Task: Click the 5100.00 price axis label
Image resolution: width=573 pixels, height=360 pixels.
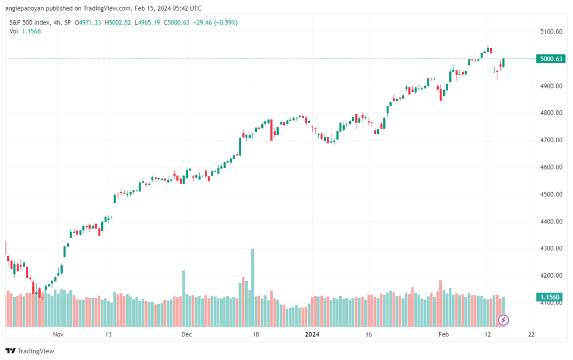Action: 551,32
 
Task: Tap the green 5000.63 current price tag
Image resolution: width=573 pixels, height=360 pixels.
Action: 551,59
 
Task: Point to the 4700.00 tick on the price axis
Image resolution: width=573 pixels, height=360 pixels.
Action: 551,140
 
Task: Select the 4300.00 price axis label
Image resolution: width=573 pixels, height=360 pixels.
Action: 551,248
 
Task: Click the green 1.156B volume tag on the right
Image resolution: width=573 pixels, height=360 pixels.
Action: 549,297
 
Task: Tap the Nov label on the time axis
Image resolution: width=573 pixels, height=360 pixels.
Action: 58,334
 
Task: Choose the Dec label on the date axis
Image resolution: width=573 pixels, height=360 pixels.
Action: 186,334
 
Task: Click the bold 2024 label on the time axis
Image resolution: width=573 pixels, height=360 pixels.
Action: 312,334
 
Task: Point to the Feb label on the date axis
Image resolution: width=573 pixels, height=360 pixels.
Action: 443,334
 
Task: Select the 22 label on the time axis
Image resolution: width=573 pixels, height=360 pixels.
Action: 532,334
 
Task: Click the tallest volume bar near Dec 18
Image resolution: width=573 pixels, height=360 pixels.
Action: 252,288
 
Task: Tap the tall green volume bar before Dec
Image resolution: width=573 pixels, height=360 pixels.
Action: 184,298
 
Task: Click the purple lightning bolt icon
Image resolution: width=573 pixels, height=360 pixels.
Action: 503,320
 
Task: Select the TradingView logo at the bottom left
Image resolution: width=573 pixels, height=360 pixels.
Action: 30,351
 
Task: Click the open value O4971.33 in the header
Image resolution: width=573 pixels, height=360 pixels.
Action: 88,22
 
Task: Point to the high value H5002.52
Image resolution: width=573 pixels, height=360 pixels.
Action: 118,22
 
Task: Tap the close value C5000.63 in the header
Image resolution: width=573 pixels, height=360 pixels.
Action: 176,22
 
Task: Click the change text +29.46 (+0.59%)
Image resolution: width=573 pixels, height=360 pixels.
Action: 215,22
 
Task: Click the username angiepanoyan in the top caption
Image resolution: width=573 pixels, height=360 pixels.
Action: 25,8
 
